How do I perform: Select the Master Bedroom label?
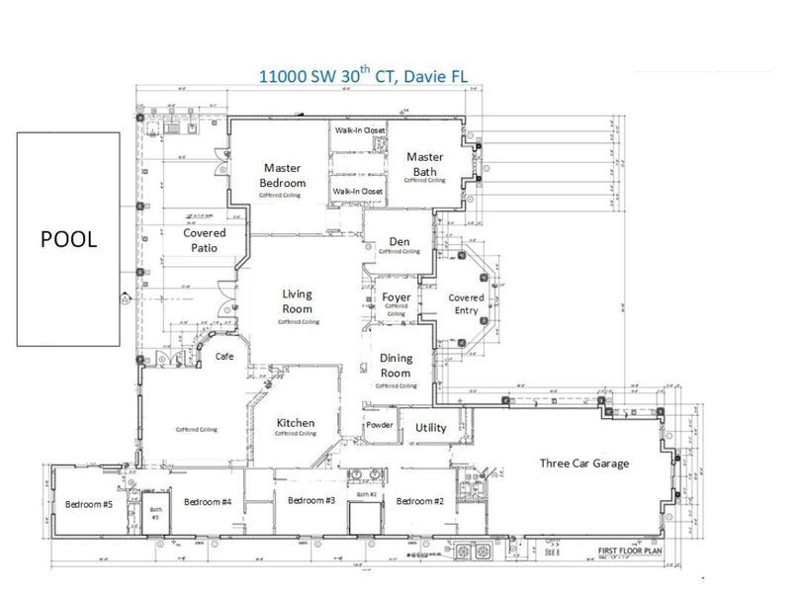pos(282,175)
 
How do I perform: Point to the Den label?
pos(399,241)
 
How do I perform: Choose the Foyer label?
pos(396,296)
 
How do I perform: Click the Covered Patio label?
pos(206,240)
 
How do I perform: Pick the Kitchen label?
pos(295,422)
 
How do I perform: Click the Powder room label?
pos(380,426)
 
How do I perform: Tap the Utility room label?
pos(430,427)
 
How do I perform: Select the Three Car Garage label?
pos(583,463)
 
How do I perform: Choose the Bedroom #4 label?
pos(208,502)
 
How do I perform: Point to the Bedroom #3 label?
pos(311,500)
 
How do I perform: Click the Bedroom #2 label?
pos(420,501)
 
